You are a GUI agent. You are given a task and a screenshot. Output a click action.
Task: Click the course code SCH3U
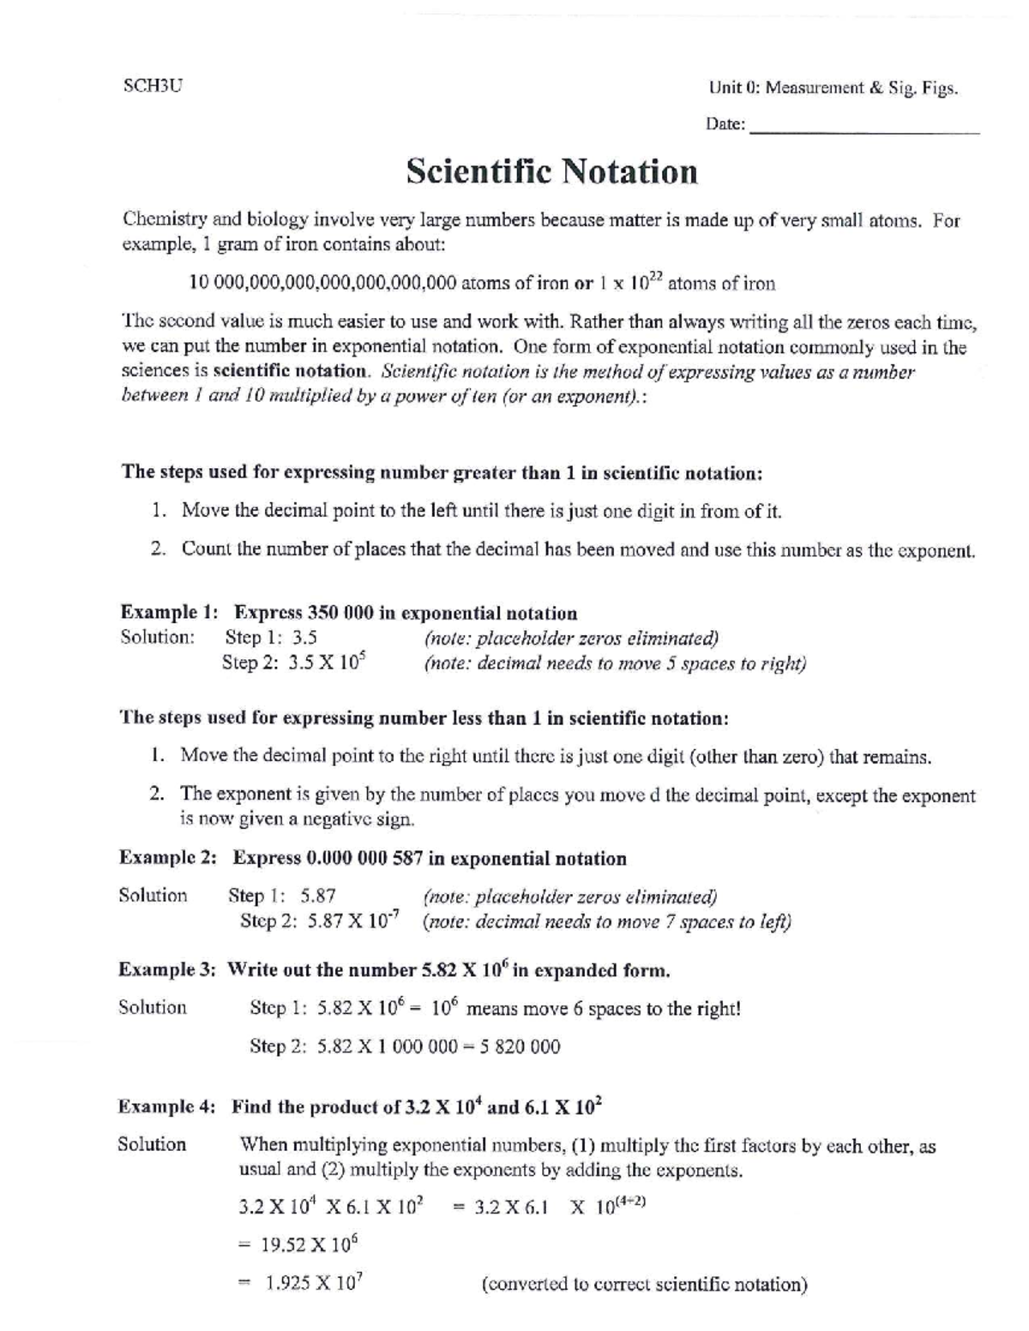pos(153,87)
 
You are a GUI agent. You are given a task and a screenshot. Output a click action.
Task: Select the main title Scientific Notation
pos(551,171)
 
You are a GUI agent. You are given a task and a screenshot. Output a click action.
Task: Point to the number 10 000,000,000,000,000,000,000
pos(322,284)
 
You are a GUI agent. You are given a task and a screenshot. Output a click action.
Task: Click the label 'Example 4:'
pos(167,1106)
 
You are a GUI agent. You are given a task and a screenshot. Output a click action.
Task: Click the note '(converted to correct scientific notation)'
pos(644,1284)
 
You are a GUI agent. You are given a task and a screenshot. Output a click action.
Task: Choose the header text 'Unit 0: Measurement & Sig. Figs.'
pos(832,88)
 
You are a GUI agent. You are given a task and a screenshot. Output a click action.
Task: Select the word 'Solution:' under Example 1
pos(157,638)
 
